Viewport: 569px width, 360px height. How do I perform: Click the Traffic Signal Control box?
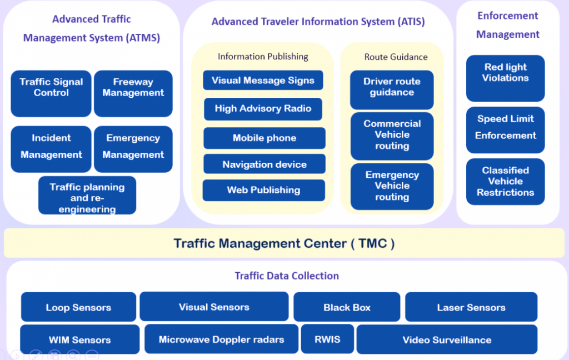coord(51,93)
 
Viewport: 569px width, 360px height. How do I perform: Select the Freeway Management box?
coord(133,93)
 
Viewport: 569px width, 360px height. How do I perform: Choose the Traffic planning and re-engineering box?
coord(87,196)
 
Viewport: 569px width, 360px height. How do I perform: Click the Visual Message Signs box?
coord(263,80)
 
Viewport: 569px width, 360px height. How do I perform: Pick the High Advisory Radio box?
coord(263,109)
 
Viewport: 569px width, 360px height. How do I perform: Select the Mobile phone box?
coord(264,138)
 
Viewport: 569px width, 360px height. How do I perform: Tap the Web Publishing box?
coord(263,190)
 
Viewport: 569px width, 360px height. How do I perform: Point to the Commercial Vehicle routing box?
coord(392,136)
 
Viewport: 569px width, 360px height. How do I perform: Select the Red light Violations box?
coord(505,78)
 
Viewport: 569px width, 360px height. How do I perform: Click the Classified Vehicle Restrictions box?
coord(505,182)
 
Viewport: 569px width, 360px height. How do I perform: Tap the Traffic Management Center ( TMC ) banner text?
coord(284,243)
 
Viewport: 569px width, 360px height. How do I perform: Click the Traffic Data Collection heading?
coord(287,276)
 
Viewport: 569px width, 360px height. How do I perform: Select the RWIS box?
coord(327,339)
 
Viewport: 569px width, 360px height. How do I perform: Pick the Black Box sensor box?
coord(347,307)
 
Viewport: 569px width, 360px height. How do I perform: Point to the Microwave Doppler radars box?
coord(221,339)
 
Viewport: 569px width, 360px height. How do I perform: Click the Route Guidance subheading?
coord(396,57)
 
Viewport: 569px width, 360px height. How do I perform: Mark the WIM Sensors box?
coord(79,339)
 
